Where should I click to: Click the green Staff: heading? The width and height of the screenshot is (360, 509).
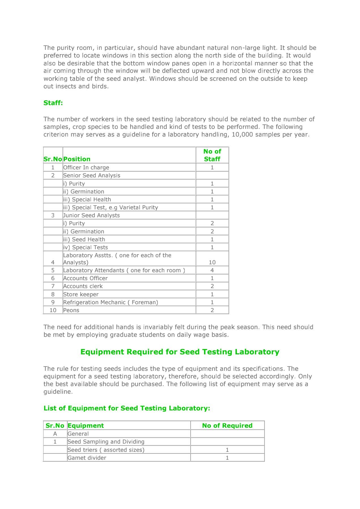tap(53, 103)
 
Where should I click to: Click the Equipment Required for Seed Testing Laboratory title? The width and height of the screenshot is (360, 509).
tap(180, 352)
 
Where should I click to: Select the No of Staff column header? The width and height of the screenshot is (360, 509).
tap(212, 155)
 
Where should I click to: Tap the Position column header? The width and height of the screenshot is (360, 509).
tap(77, 159)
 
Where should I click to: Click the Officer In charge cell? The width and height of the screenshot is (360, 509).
tap(86, 167)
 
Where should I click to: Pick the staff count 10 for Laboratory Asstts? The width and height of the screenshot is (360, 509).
tap(212, 262)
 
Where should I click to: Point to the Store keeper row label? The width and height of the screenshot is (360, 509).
tap(81, 294)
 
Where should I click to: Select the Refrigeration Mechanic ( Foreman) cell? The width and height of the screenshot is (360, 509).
tap(110, 302)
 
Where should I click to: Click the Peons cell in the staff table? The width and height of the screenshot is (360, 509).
tap(71, 310)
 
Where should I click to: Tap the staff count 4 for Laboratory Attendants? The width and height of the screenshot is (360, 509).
tap(212, 270)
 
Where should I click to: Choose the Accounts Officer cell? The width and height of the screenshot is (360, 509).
tap(85, 278)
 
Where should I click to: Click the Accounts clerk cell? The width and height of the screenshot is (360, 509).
tap(83, 286)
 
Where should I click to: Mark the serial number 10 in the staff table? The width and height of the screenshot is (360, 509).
tap(53, 310)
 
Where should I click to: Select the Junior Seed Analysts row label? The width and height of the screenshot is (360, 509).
tap(91, 215)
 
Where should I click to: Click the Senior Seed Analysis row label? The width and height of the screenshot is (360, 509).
tap(91, 175)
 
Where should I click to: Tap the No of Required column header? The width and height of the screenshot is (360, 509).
tap(227, 425)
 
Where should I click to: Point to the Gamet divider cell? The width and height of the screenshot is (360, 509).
tap(87, 458)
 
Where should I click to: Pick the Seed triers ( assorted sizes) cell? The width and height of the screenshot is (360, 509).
tap(106, 450)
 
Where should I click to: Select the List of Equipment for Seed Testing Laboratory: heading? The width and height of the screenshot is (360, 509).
tap(127, 408)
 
